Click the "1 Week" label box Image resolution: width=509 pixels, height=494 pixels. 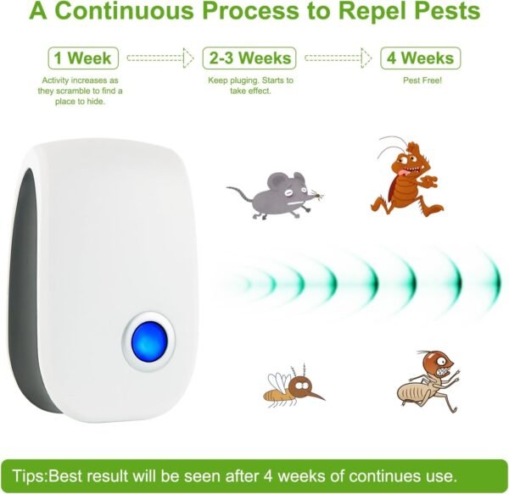point(82,58)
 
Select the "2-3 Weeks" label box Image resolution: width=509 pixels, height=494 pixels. point(249,58)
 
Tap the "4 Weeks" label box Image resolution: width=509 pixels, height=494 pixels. point(421,58)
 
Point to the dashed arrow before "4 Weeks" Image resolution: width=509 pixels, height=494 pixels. point(338,58)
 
